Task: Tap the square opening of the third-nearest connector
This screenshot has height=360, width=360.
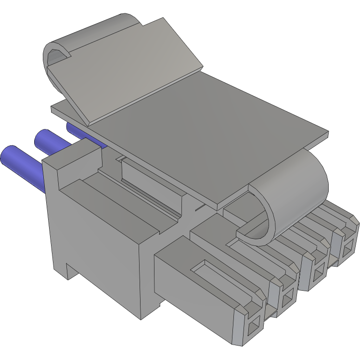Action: [317, 276]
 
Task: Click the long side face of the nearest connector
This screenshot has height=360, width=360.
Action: [193, 289]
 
